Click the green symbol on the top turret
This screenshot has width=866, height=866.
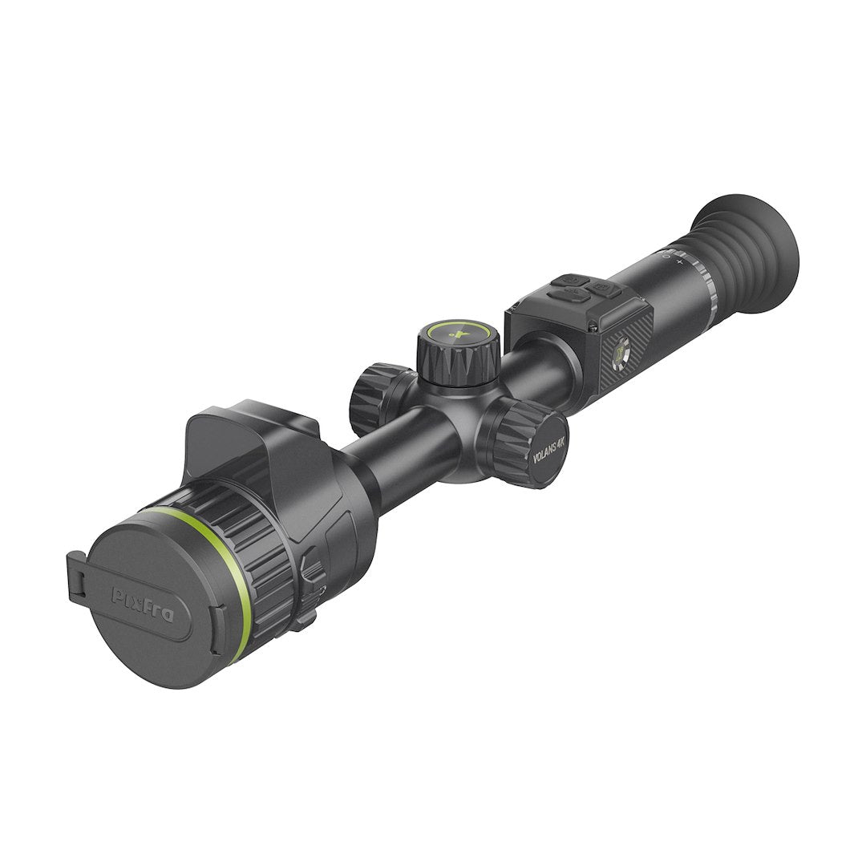pos(459,334)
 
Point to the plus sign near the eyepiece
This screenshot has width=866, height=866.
pos(679,261)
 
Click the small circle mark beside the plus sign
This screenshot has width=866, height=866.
pos(666,256)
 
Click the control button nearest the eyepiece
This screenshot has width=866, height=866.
pos(605,288)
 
